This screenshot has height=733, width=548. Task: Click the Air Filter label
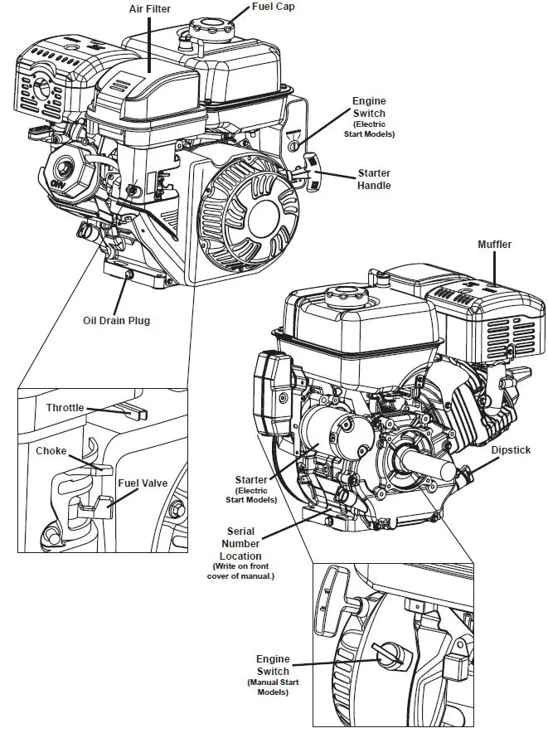click(x=151, y=9)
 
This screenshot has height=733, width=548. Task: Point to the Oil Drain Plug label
click(x=116, y=321)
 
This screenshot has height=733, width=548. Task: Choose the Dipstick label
click(x=511, y=450)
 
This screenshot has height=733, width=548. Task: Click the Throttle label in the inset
click(x=65, y=408)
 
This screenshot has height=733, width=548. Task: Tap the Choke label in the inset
click(x=51, y=452)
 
